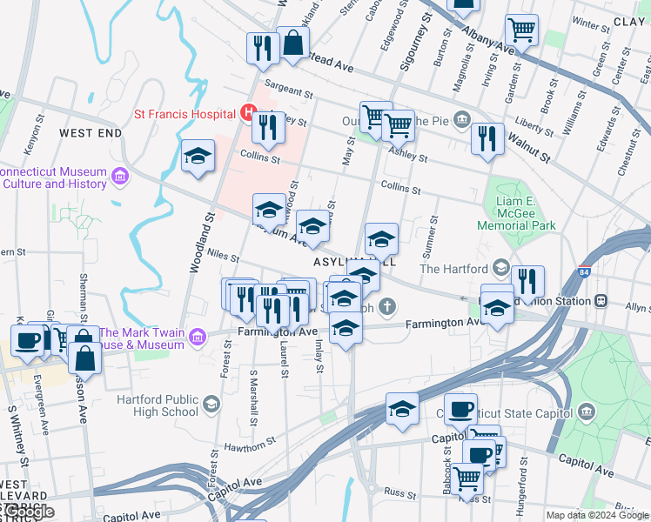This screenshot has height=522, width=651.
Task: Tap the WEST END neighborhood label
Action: click(91, 133)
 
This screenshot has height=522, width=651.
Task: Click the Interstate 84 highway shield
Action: click(584, 273)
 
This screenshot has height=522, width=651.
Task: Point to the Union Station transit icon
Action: click(601, 300)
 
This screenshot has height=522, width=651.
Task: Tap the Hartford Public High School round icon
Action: click(211, 404)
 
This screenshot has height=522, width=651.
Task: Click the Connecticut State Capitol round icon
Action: click(587, 411)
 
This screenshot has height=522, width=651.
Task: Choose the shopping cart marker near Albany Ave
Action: click(520, 30)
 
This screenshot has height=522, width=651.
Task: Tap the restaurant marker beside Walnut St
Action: click(487, 138)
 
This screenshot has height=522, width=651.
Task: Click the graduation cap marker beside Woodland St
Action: click(198, 157)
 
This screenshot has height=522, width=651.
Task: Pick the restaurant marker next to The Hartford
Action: click(527, 281)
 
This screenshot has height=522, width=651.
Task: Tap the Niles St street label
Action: click(224, 255)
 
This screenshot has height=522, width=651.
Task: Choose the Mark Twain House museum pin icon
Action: click(91, 334)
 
